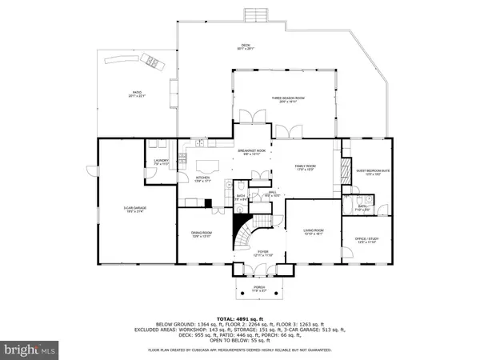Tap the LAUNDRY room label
coord(156,162)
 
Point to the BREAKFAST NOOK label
coord(251,152)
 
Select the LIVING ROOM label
coord(313,234)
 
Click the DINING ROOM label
coord(201,234)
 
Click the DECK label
coord(246,46)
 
